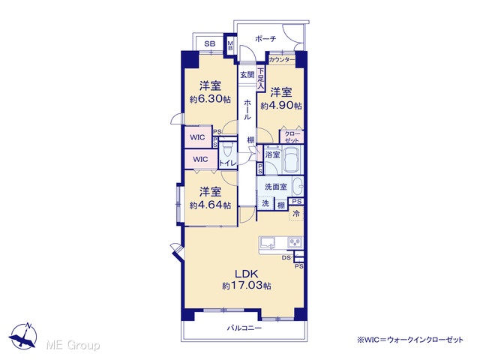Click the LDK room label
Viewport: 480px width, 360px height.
point(247,273)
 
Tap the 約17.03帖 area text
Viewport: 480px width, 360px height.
point(247,286)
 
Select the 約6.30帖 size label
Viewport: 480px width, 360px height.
point(210,100)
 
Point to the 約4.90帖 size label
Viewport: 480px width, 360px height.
point(281,106)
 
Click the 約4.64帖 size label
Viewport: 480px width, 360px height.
point(210,205)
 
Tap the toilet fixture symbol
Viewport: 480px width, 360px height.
point(227,149)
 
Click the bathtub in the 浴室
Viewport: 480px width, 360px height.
point(292,160)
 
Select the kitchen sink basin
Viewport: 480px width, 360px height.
point(268,242)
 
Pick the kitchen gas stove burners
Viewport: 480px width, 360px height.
point(295,242)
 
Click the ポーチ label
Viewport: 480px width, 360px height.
point(265,39)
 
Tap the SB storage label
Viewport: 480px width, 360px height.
point(210,43)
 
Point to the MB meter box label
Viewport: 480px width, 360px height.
point(230,46)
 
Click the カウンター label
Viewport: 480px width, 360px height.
point(282,60)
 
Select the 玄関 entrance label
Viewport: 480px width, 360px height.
point(247,74)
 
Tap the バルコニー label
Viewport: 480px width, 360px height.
point(244,328)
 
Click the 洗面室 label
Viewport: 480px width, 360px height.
point(276,187)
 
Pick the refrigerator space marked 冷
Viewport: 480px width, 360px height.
point(296,213)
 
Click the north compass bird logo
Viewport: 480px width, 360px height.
point(24,335)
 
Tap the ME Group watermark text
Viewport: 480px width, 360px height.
point(73,345)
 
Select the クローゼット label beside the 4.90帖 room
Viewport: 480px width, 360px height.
point(292,137)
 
